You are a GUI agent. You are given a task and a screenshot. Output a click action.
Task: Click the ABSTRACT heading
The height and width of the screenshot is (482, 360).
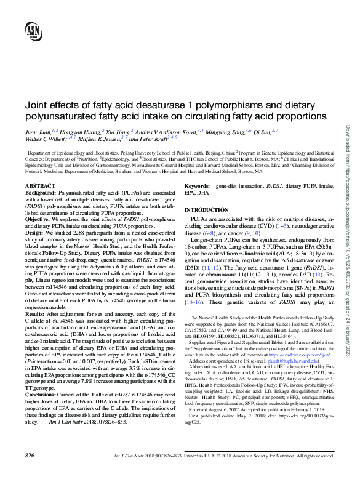(41, 185)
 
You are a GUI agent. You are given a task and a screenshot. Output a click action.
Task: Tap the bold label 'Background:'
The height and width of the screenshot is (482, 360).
(41, 193)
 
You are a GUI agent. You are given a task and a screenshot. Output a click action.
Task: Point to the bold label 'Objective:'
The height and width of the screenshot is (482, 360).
(38, 219)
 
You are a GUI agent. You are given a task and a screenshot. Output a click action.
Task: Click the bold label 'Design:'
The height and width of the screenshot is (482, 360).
(34, 233)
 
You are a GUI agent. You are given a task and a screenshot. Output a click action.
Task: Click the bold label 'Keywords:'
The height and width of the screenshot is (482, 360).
(198, 185)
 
